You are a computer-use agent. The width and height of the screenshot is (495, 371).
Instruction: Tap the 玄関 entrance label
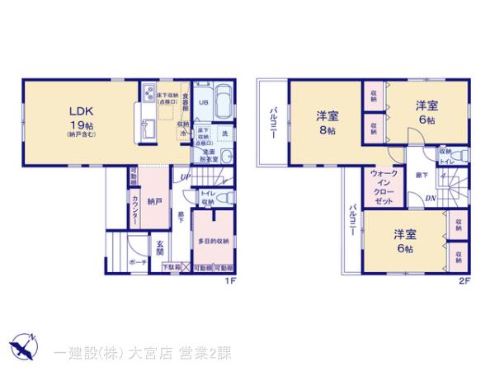point(161,247)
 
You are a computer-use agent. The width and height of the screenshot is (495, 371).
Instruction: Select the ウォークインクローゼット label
point(384,188)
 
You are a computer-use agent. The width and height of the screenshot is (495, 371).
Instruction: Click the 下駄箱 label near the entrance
point(170,268)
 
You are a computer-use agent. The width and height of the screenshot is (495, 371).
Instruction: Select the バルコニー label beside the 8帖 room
point(271,124)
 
